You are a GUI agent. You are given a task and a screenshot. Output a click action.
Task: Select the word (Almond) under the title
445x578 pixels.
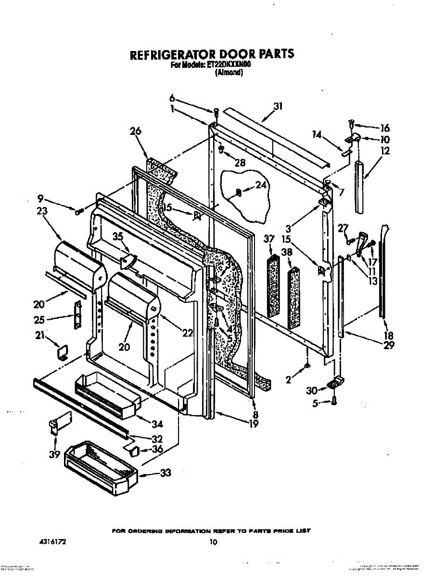[229, 73]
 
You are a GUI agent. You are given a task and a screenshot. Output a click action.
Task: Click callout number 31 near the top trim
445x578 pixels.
[278, 107]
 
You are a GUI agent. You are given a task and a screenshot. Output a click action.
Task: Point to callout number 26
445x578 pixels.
[135, 131]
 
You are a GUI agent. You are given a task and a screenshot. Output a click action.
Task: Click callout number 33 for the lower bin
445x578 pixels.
[165, 473]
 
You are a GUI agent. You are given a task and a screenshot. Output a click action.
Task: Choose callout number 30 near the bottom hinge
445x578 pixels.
[312, 391]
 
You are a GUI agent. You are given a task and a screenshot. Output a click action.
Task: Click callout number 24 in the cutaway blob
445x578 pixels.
[261, 184]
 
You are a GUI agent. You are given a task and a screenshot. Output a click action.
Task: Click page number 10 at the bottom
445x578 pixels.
[213, 542]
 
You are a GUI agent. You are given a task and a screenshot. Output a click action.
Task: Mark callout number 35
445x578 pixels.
[118, 236]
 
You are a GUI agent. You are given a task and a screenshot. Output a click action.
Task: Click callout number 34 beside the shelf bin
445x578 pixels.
[157, 424]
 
